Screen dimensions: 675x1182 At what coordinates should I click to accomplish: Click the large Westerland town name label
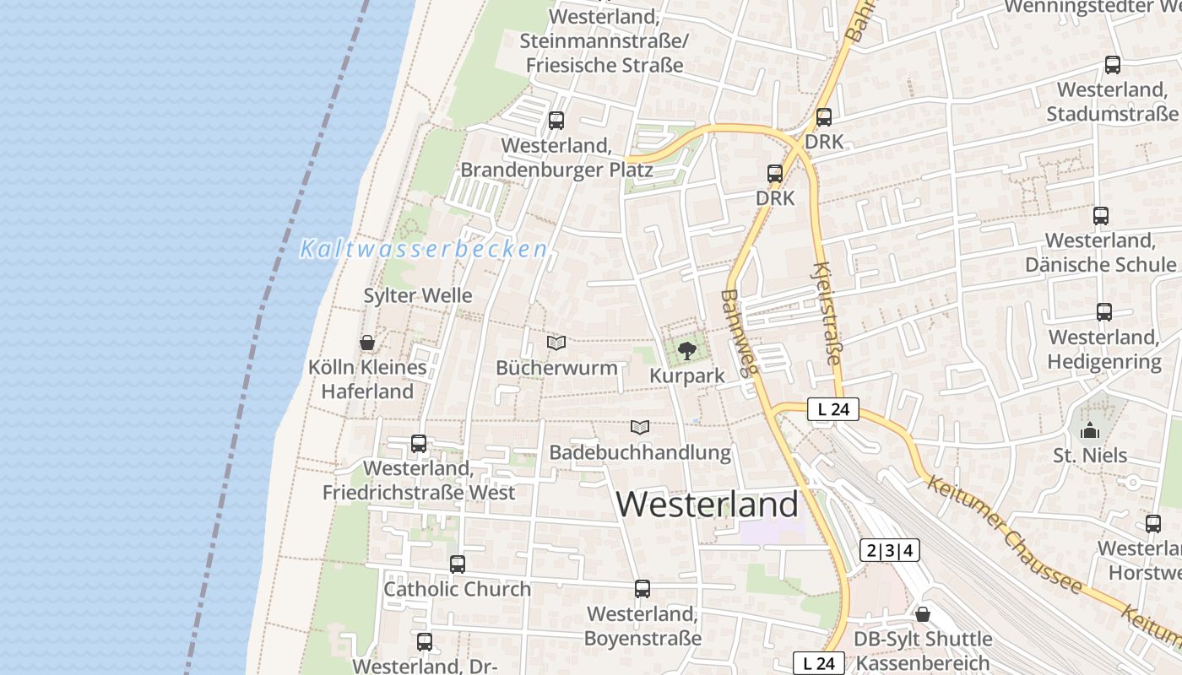tap(707, 505)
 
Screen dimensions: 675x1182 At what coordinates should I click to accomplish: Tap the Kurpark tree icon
tap(686, 350)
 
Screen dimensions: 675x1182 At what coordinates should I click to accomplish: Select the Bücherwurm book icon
tap(556, 343)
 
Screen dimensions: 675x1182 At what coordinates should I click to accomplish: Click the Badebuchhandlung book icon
tap(640, 428)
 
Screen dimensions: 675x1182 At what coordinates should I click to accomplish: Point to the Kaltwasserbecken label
tap(424, 250)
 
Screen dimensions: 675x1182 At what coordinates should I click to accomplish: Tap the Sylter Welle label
tap(417, 296)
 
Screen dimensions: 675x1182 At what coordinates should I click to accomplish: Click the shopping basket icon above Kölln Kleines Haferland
tap(367, 343)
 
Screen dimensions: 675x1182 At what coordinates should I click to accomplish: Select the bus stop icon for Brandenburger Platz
tap(556, 121)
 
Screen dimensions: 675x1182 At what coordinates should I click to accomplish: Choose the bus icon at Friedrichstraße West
tap(418, 443)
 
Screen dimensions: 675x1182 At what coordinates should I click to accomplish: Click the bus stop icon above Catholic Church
tap(457, 564)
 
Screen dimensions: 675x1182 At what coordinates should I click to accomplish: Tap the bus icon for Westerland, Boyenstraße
tap(643, 588)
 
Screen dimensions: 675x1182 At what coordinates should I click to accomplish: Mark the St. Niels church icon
tap(1090, 430)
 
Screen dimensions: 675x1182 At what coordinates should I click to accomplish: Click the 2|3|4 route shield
tap(889, 551)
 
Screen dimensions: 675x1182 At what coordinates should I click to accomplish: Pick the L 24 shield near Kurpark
tap(832, 410)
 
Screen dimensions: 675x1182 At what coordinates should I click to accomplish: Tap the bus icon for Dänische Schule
tap(1100, 216)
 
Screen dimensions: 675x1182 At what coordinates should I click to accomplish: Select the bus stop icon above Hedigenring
tap(1103, 312)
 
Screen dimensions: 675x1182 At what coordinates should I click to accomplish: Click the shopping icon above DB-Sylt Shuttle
tap(923, 614)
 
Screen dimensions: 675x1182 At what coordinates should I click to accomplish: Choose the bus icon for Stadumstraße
tap(1112, 65)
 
